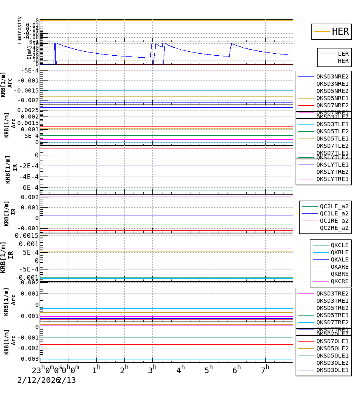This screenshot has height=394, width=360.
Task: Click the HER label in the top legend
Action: click(340, 32)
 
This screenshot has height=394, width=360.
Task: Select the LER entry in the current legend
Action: click(343, 54)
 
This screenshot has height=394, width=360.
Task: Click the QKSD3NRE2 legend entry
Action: click(332, 76)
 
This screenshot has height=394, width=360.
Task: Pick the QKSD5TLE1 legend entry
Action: click(332, 139)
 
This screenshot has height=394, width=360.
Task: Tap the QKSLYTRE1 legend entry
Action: click(332, 179)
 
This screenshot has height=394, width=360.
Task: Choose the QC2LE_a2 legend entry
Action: click(334, 206)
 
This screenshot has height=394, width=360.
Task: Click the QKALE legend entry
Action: click(339, 259)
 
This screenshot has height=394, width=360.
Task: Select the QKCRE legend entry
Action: click(339, 281)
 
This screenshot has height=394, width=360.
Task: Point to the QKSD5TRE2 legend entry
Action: click(332, 308)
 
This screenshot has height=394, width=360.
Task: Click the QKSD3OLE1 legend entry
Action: click(332, 370)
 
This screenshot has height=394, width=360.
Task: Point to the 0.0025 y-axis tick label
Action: click(28, 110)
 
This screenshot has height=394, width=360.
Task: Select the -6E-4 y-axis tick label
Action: click(28, 187)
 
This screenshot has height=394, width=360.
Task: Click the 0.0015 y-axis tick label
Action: click(27, 235)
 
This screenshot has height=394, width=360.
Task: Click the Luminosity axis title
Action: click(20, 30)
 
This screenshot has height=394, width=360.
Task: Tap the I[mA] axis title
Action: click(29, 52)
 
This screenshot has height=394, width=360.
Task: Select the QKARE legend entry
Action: click(339, 267)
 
